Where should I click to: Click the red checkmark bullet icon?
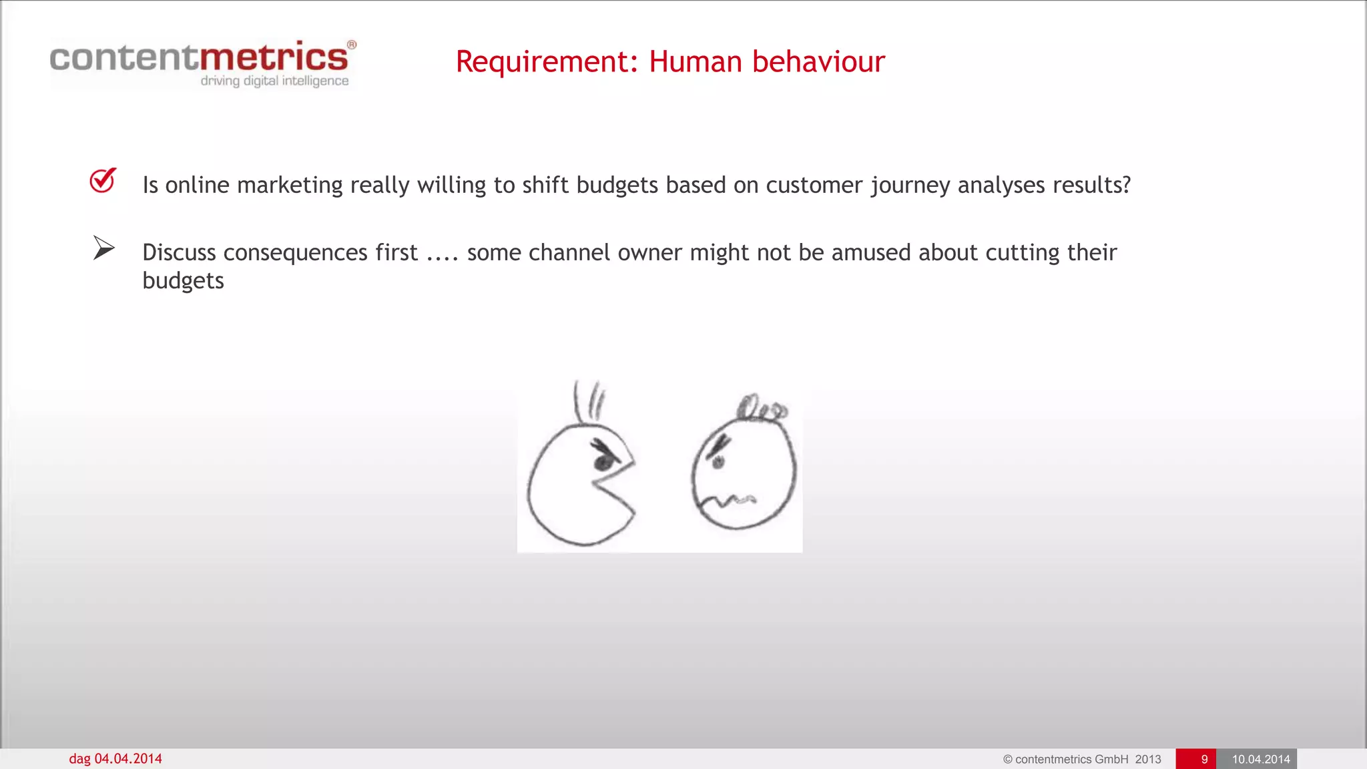pyautogui.click(x=103, y=180)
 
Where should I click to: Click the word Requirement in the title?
pyautogui.click(x=541, y=62)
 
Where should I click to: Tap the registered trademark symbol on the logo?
pyautogui.click(x=352, y=45)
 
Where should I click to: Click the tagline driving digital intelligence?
pyautogui.click(x=274, y=81)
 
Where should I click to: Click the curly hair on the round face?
pyautogui.click(x=761, y=408)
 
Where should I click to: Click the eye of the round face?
pyautogui.click(x=718, y=461)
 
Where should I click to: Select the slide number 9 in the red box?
pyautogui.click(x=1203, y=759)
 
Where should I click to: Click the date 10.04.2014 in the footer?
pyautogui.click(x=1260, y=759)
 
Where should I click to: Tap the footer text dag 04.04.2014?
pyautogui.click(x=115, y=759)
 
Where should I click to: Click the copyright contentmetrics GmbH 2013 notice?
pyautogui.click(x=1081, y=759)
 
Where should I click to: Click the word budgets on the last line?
pyautogui.click(x=183, y=281)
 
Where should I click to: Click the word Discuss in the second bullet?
pyautogui.click(x=179, y=253)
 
